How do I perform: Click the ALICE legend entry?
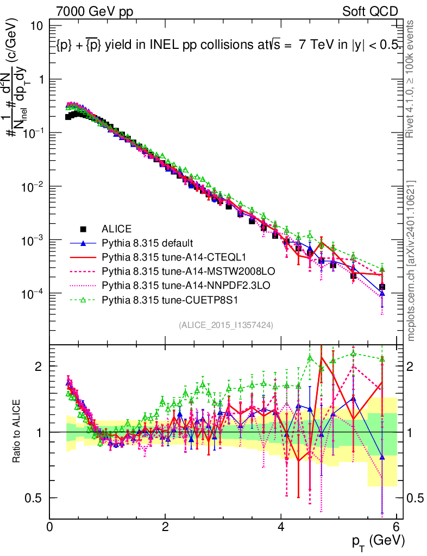coord(116,229)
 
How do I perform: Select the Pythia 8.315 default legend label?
coord(147,242)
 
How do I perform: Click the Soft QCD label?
coord(371,11)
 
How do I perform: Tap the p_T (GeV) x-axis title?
coord(378,541)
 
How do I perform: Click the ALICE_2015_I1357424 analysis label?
coord(225,325)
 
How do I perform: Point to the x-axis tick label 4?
coord(281,526)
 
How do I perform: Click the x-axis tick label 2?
coord(166,526)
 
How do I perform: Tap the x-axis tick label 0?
coord(50,526)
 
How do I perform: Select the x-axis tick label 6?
coord(396,526)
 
